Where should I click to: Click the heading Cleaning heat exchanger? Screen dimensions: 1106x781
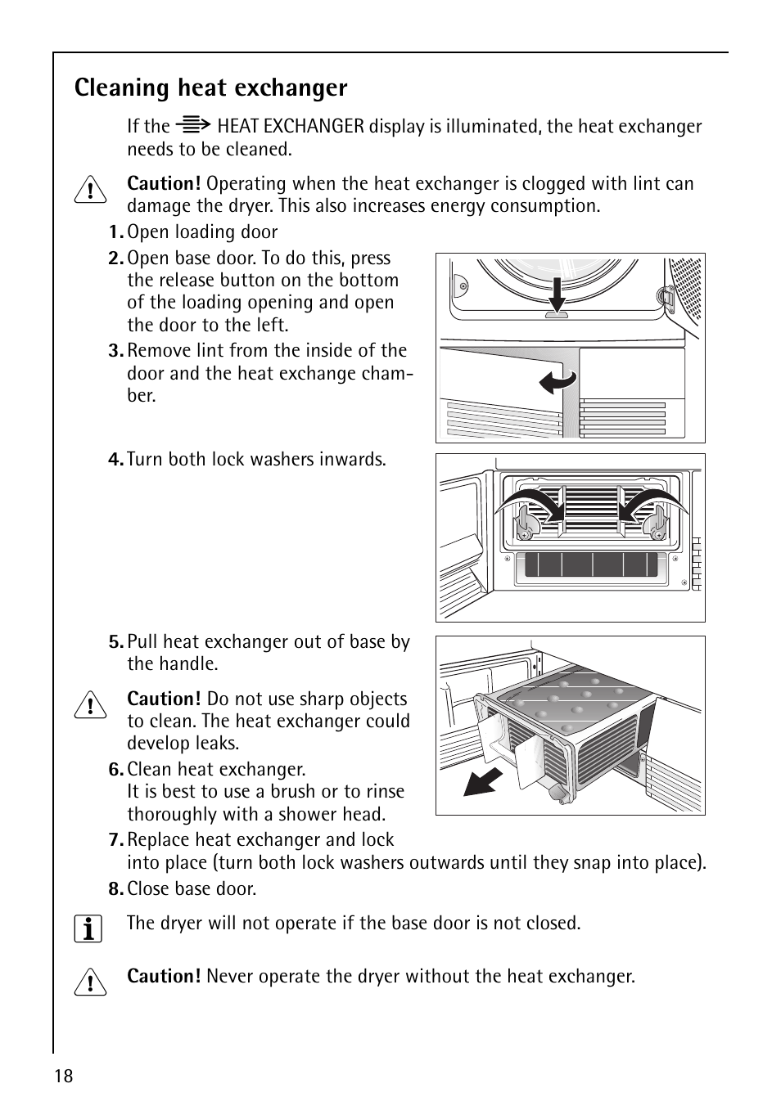[210, 88]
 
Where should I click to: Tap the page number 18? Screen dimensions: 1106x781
[64, 1076]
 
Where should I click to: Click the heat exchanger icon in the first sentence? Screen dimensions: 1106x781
[194, 126]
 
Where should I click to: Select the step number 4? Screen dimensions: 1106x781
[115, 460]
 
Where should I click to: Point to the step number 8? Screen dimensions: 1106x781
[115, 889]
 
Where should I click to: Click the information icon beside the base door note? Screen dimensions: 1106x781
[88, 929]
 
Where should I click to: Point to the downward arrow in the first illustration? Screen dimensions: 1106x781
[557, 295]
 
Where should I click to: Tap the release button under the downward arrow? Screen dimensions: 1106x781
[557, 315]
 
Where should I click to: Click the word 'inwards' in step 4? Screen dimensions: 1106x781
[353, 460]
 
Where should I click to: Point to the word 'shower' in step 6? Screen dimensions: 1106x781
[296, 815]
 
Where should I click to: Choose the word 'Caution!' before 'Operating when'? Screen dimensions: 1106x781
[164, 184]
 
